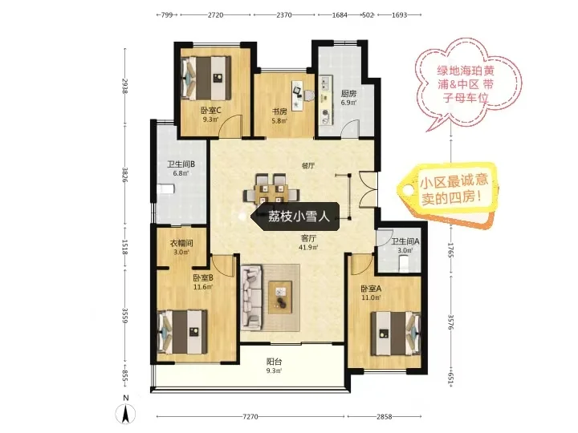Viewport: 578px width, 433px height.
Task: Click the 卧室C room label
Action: [x=210, y=110]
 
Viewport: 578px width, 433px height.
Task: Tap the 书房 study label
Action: [x=279, y=111]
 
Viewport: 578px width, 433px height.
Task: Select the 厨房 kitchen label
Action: [x=348, y=94]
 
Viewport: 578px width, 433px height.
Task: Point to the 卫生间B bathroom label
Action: [x=181, y=164]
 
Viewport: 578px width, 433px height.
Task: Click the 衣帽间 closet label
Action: [x=181, y=244]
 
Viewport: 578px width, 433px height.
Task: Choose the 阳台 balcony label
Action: [x=275, y=362]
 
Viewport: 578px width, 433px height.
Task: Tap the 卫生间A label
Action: [x=405, y=241]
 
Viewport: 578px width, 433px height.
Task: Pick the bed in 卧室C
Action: [x=206, y=78]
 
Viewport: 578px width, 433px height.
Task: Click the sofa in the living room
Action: [x=252, y=298]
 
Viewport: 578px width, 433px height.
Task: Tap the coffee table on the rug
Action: [x=280, y=297]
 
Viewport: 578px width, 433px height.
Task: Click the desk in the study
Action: [x=298, y=95]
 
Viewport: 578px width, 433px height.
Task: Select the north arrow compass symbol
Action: [x=126, y=413]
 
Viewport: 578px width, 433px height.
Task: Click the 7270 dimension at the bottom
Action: [x=250, y=417]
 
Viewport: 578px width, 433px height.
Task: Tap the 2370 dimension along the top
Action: [x=284, y=15]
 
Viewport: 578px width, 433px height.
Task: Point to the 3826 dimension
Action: [x=125, y=175]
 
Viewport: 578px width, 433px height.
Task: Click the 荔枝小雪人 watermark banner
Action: [x=295, y=216]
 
